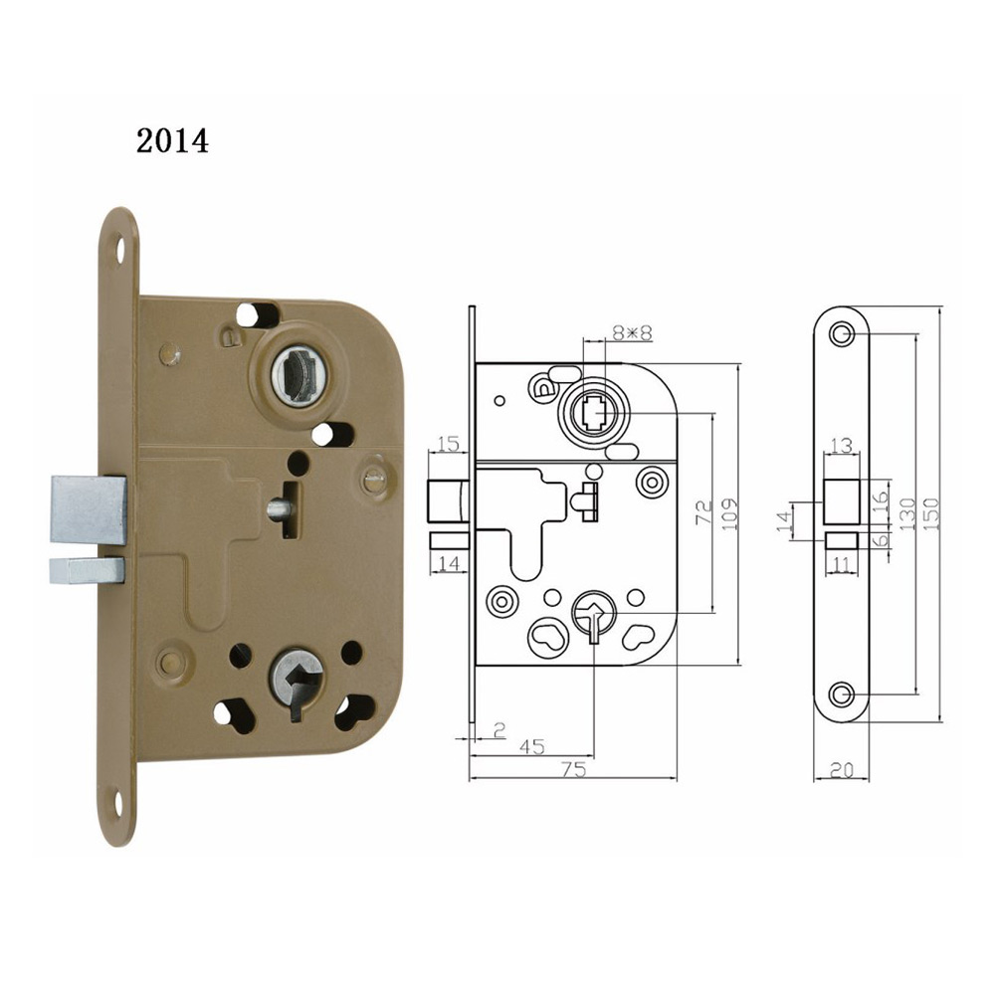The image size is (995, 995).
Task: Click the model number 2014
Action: point(172,141)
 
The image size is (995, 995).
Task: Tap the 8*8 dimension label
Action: point(632,332)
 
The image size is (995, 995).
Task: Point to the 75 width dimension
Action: point(573,769)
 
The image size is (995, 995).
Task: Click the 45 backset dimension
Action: point(531,747)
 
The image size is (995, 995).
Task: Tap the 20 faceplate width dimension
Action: point(842,770)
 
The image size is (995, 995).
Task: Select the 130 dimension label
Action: point(907,513)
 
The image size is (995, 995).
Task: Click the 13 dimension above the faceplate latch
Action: point(842,446)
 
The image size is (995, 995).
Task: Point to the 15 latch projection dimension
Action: point(449,443)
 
